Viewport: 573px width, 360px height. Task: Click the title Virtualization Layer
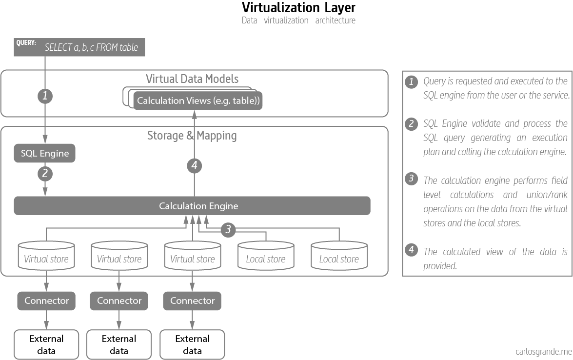click(298, 8)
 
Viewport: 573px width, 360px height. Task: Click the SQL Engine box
click(45, 154)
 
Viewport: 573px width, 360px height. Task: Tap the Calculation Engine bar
click(192, 206)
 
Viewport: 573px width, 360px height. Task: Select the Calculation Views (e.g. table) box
click(198, 101)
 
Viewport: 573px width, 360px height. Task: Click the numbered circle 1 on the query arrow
click(45, 96)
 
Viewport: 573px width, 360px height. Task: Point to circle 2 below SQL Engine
click(45, 173)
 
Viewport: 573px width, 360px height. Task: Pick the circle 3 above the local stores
click(228, 229)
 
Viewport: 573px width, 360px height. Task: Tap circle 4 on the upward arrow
click(194, 166)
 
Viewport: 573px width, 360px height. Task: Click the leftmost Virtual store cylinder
click(46, 255)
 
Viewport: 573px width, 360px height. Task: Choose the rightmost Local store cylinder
click(339, 255)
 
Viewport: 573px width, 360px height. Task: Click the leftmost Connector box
click(46, 300)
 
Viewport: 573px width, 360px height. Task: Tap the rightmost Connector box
click(193, 300)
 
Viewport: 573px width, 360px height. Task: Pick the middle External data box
click(119, 344)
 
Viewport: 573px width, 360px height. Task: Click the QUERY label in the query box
click(26, 43)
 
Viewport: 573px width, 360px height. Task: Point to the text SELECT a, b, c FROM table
click(91, 48)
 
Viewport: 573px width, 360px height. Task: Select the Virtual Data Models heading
click(192, 79)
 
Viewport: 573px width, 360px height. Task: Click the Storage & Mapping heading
click(192, 135)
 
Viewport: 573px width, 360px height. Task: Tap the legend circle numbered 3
click(412, 180)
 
